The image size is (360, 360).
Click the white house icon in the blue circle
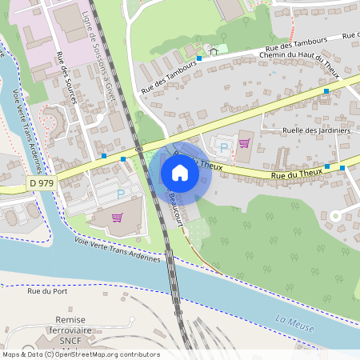pos(180,172)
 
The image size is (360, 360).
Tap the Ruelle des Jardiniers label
pos(316,130)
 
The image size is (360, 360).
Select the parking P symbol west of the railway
pos(122,193)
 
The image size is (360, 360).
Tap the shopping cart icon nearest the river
pos(118,217)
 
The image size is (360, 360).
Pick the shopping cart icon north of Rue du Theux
pos(244,143)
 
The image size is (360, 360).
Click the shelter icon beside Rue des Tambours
pos(213,50)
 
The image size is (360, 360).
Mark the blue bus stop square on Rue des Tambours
pos(198,58)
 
